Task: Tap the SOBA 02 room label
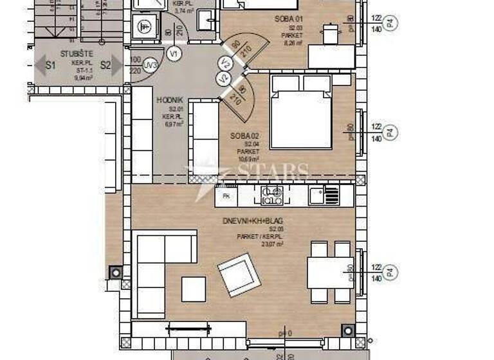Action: coord(244,136)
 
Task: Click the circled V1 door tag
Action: coord(172,54)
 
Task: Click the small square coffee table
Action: coord(194,289)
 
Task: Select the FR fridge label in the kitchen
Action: coord(226,195)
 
